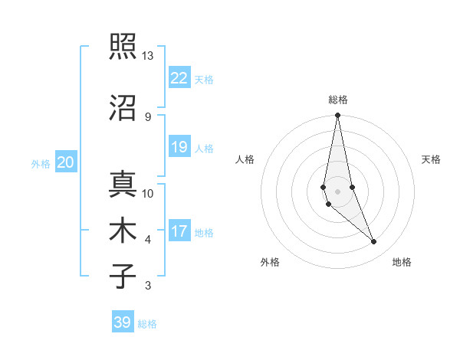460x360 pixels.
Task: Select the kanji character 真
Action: pyautogui.click(x=122, y=185)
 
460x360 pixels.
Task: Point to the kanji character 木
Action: pyautogui.click(x=122, y=231)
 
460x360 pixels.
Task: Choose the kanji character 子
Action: pyautogui.click(x=122, y=276)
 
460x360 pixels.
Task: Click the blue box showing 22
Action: pyautogui.click(x=179, y=78)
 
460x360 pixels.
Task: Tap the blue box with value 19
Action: pyautogui.click(x=179, y=147)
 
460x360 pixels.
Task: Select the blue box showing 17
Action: pyautogui.click(x=179, y=231)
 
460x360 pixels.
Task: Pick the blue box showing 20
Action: pyautogui.click(x=66, y=162)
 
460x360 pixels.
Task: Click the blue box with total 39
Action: pyautogui.click(x=123, y=322)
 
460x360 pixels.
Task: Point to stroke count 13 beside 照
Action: pyautogui.click(x=147, y=57)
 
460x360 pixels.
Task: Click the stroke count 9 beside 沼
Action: pyautogui.click(x=147, y=116)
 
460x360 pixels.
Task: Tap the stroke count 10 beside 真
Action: pyautogui.click(x=148, y=194)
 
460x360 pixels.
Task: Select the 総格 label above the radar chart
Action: pyautogui.click(x=338, y=100)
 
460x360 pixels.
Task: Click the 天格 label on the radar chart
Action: pyautogui.click(x=432, y=159)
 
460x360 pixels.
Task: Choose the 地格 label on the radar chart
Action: pyautogui.click(x=402, y=262)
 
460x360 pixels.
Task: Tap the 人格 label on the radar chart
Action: pyautogui.click(x=245, y=159)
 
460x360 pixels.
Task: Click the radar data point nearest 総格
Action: pyautogui.click(x=337, y=116)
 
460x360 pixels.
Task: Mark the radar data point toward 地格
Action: pyautogui.click(x=374, y=242)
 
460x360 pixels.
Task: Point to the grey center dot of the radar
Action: pyautogui.click(x=337, y=191)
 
